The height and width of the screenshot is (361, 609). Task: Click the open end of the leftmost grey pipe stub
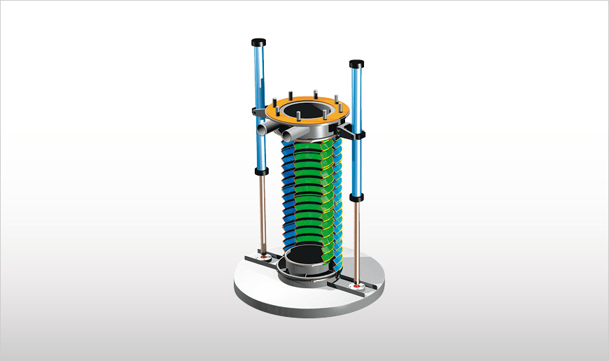click(x=260, y=130)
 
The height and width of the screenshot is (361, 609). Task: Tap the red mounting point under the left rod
click(x=264, y=257)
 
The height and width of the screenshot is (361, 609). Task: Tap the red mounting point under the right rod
click(x=358, y=286)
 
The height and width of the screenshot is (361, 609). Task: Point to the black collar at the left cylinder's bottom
click(x=262, y=170)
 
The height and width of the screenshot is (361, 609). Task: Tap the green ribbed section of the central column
click(x=308, y=196)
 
